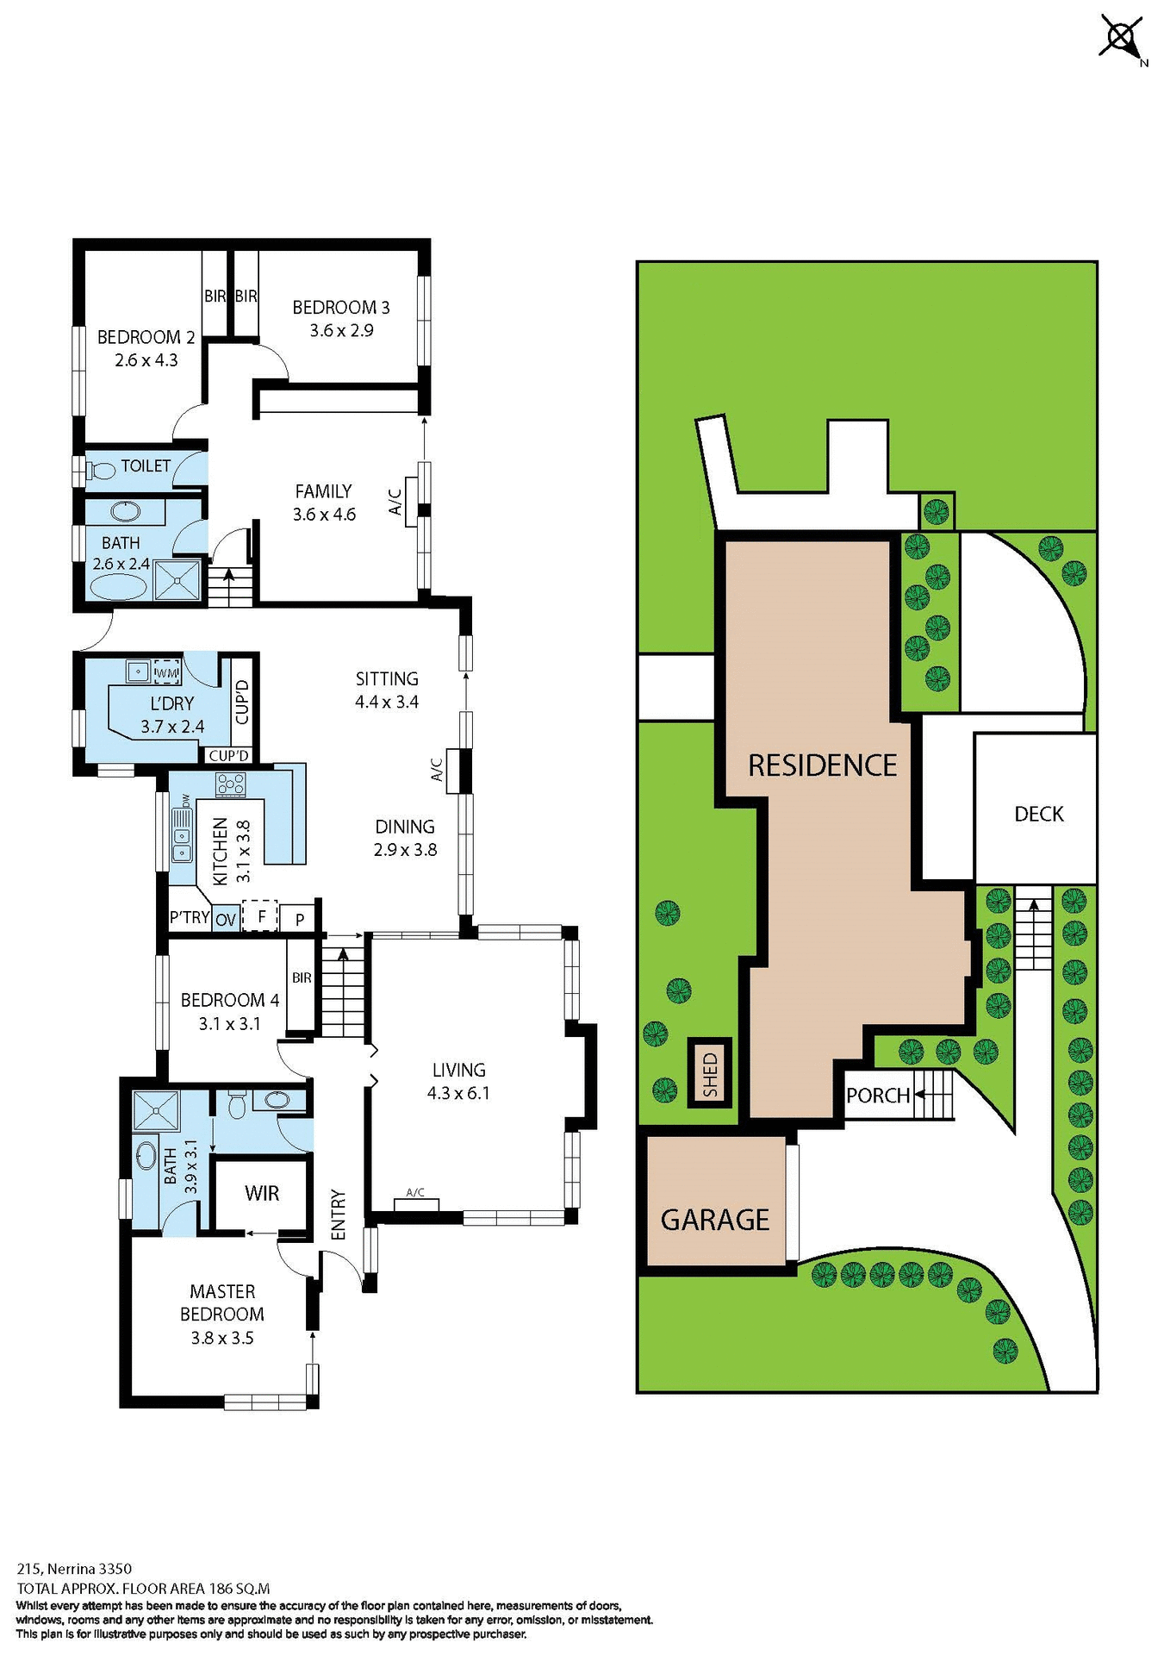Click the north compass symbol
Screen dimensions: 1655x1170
1121,38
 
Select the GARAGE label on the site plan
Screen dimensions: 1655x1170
715,1220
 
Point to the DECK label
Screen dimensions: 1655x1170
1038,815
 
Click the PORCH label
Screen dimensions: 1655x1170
878,1096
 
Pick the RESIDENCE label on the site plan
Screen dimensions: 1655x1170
822,765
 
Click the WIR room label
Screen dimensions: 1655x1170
262,1193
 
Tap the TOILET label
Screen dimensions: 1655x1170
146,466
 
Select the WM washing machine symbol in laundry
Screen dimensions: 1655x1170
166,672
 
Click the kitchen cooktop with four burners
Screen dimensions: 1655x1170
231,784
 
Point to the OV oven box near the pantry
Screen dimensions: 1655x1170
226,920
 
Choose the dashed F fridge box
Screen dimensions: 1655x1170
259,916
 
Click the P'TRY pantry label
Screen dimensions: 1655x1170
190,917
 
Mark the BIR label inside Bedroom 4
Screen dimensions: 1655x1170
302,977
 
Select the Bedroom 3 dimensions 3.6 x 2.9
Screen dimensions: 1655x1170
342,330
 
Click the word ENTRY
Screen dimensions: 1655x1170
338,1215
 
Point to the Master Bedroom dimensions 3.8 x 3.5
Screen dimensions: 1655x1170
222,1338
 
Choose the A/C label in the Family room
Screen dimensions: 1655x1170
395,502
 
